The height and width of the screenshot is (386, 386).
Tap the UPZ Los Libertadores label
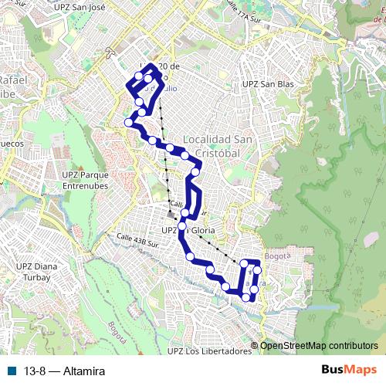tap(209, 351)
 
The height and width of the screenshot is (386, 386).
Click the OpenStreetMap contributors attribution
tap(319, 346)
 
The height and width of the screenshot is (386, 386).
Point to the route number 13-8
tap(36, 371)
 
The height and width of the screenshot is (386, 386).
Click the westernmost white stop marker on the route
tap(129, 122)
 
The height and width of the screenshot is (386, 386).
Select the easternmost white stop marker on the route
tap(257, 270)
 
